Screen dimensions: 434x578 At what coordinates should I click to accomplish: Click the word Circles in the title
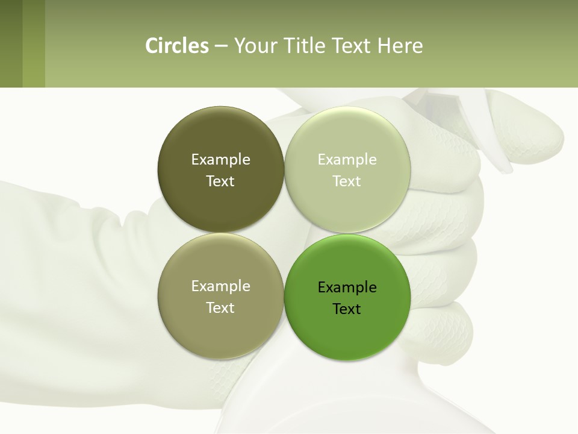pos(176,46)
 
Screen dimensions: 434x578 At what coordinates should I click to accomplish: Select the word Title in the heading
pos(304,46)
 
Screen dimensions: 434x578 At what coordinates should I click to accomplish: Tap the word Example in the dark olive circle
pos(220,159)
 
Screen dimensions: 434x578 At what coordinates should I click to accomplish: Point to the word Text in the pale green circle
pos(347,181)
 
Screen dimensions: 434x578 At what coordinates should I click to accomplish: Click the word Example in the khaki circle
pos(220,286)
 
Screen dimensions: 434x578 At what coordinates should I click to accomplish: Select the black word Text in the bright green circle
pos(347,309)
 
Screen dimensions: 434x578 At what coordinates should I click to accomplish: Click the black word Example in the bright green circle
pos(347,287)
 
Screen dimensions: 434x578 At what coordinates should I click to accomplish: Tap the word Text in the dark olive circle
pos(220,181)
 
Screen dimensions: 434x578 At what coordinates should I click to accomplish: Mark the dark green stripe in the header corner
pos(11,43)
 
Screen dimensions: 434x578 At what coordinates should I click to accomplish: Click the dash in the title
pos(221,46)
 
